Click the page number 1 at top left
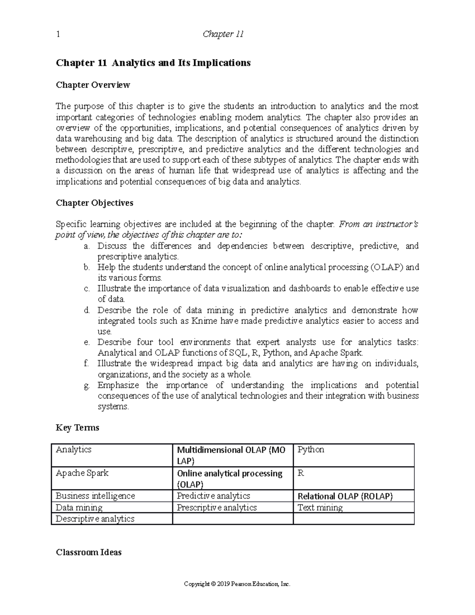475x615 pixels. (x=58, y=34)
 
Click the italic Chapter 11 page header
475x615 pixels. (x=223, y=34)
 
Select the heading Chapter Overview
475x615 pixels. (x=93, y=85)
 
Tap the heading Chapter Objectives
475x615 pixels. (x=95, y=203)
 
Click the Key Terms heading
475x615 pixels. (x=78, y=428)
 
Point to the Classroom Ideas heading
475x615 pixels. (x=89, y=552)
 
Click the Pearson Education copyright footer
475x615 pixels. (x=237, y=584)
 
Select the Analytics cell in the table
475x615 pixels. (x=74, y=449)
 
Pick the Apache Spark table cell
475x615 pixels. (x=82, y=473)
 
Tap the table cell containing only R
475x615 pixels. (x=300, y=473)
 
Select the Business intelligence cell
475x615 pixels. (x=95, y=496)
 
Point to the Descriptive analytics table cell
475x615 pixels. (x=95, y=519)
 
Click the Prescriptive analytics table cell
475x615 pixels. (x=217, y=508)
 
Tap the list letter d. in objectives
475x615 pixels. (x=87, y=310)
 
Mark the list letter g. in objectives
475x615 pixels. (x=87, y=385)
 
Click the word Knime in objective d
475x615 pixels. (x=204, y=321)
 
